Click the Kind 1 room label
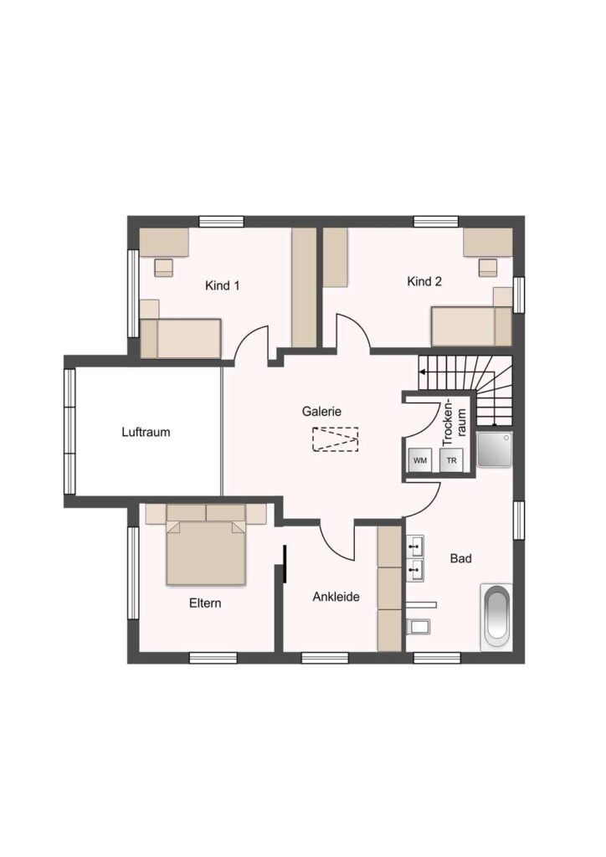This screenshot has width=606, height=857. coord(222,285)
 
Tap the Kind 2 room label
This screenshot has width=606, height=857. coord(424,281)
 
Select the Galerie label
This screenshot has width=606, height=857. coord(322,411)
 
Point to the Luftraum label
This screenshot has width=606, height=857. coord(146,432)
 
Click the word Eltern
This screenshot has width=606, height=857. coord(205,603)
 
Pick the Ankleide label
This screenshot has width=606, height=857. coord(336,597)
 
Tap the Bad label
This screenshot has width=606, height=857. coord(460,558)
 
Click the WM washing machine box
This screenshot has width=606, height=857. coord(420,460)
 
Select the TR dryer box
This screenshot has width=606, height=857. coord(451,460)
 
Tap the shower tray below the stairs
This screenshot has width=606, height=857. coord(495,449)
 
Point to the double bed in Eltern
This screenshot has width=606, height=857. coord(205,552)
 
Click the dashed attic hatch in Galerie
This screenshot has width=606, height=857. coord(336,439)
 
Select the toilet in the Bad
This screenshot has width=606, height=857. coord(419,626)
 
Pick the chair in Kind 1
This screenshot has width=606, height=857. coord(163,268)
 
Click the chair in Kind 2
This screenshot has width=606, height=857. coord(488,268)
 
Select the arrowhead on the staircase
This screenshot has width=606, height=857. coord(422,372)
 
